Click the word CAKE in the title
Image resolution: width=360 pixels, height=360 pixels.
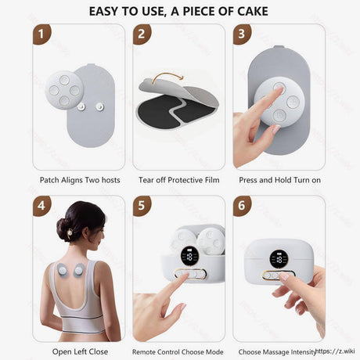[x=253, y=11]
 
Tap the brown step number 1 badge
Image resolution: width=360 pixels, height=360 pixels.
[x=41, y=34]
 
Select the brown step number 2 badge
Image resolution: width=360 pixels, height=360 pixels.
[x=142, y=34]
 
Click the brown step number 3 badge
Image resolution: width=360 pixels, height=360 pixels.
[x=242, y=34]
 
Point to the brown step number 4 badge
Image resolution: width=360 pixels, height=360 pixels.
[x=41, y=206]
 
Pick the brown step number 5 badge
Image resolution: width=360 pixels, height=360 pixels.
[x=142, y=206]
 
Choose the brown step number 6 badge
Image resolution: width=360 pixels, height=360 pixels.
[x=242, y=206]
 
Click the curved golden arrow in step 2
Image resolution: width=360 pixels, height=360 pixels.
[x=167, y=76]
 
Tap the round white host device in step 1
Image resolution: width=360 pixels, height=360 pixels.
[x=64, y=90]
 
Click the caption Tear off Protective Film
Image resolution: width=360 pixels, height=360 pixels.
[x=179, y=180]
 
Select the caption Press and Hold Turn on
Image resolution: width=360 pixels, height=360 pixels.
[x=279, y=180]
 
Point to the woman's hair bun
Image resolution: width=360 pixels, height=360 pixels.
[x=63, y=229]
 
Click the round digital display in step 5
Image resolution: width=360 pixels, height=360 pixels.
[x=189, y=257]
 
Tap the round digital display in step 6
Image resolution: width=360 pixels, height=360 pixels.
[x=279, y=259]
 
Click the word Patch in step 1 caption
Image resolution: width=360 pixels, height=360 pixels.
[x=49, y=180]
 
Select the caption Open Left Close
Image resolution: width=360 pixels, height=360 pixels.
[x=80, y=351]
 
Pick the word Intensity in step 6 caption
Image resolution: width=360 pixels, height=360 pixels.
[x=303, y=352]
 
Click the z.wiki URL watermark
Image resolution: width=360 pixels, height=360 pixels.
[x=335, y=351]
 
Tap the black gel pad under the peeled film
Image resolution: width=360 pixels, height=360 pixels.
[x=175, y=112]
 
